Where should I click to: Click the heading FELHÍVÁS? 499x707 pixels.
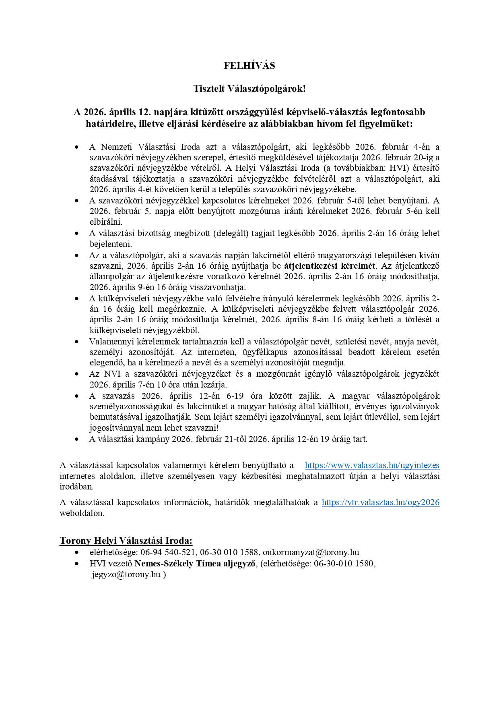tap(249, 66)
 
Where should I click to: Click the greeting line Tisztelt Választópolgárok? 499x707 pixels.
tap(249, 89)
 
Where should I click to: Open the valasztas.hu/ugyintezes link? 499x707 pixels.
tap(372, 465)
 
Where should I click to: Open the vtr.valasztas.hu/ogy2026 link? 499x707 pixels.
tap(380, 502)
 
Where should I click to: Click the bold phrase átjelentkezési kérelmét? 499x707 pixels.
tap(330, 266)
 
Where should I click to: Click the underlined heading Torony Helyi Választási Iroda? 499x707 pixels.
tap(126, 541)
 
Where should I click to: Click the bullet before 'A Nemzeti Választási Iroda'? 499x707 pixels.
tap(77, 147)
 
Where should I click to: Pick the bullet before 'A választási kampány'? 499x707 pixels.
tap(77, 439)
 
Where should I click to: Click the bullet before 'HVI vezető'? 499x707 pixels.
tap(77, 564)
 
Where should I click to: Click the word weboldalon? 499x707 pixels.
tap(82, 514)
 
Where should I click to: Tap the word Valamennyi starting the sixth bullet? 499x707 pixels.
tap(108, 342)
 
